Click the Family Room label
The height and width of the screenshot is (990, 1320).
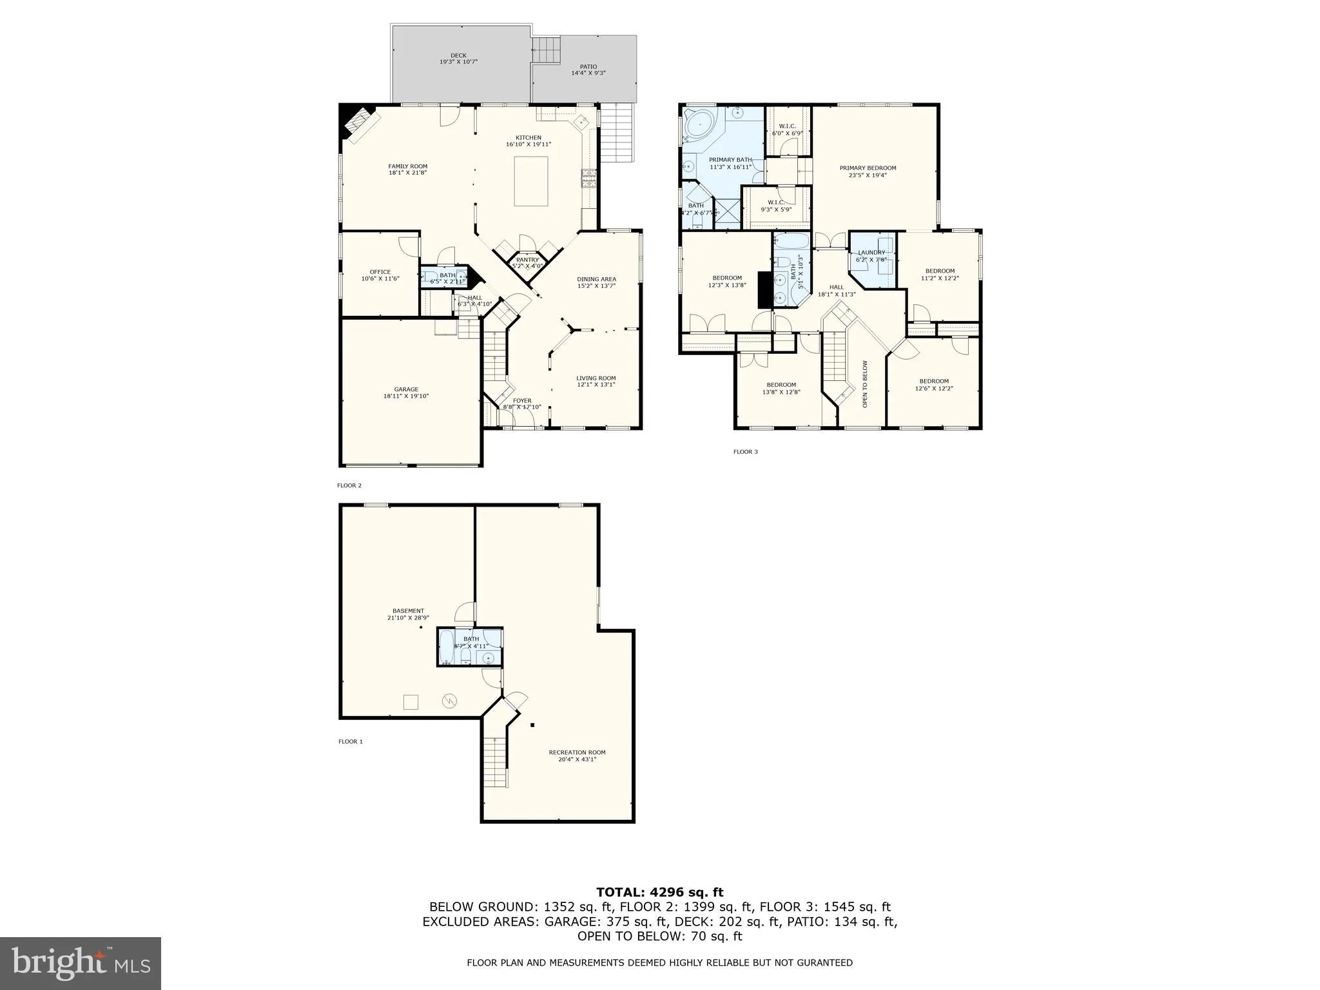tap(407, 166)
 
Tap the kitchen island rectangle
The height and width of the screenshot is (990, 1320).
tap(531, 181)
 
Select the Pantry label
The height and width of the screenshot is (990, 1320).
tap(527, 260)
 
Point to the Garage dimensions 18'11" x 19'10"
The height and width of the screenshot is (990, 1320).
tap(406, 396)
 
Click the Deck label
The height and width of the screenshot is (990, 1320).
tap(458, 55)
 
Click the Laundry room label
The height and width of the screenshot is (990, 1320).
tap(871, 253)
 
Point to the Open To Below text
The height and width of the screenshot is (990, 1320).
tap(865, 383)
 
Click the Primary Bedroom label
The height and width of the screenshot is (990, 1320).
tap(868, 168)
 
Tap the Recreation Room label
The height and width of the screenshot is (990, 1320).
tap(577, 752)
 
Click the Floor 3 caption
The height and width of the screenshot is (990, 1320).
tap(745, 452)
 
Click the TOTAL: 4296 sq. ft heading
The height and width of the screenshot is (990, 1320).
tap(659, 893)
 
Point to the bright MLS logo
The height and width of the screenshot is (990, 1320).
tap(81, 964)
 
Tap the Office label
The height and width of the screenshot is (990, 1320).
tap(380, 272)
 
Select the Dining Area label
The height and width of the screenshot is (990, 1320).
tap(596, 279)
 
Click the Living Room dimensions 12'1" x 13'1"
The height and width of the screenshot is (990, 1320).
tap(596, 385)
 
